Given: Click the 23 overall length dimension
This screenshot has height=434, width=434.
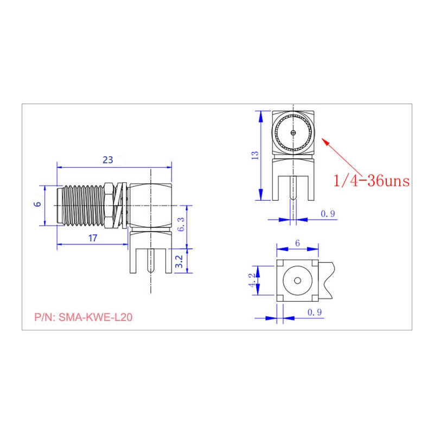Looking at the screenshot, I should (x=108, y=159).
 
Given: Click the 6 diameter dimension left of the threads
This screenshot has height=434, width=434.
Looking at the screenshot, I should (x=37, y=205).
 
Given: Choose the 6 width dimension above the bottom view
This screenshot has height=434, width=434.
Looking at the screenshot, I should (x=297, y=244).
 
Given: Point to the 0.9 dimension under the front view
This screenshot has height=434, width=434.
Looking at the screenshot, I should (x=328, y=214).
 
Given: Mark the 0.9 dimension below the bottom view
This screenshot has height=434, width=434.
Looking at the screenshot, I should (x=315, y=312).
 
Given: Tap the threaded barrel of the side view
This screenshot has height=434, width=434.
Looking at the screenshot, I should (x=81, y=206).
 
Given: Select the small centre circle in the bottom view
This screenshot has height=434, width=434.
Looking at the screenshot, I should (x=297, y=280).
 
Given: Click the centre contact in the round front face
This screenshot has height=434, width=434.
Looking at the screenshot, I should (x=293, y=133).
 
